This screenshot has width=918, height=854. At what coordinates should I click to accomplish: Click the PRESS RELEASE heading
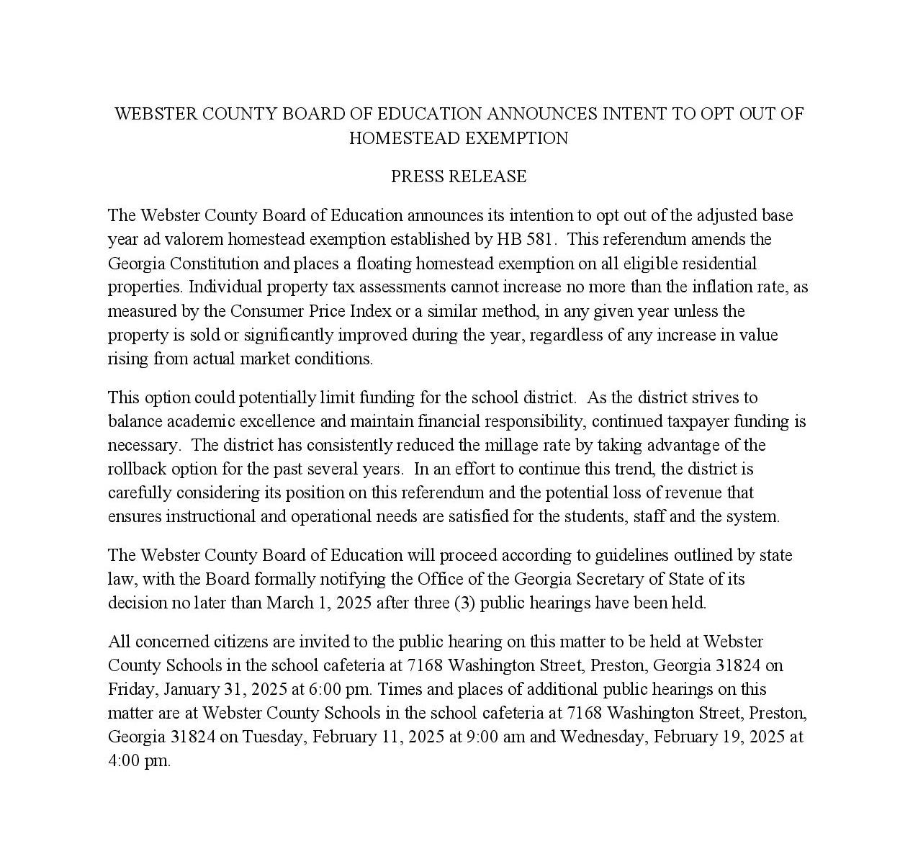pos(459,176)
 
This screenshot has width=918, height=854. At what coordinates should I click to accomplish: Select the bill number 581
pos(541,239)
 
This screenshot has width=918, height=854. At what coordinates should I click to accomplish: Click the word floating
pos(384,263)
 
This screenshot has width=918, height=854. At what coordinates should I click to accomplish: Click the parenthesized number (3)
pos(464,603)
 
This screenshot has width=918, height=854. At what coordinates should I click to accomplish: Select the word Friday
pos(132,689)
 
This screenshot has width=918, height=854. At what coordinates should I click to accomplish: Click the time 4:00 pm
pos(139,760)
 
